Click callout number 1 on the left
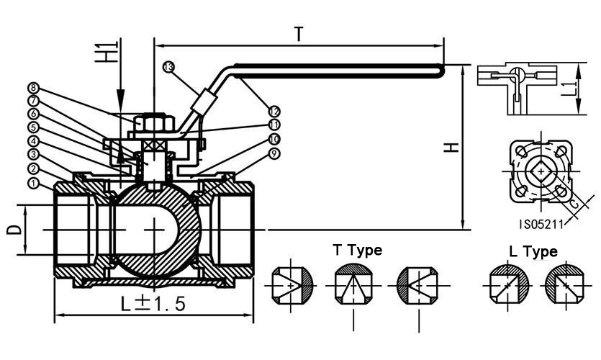33,184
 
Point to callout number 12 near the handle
274,111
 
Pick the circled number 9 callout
274,153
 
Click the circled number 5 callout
33,127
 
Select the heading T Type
357,250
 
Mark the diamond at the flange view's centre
539,171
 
